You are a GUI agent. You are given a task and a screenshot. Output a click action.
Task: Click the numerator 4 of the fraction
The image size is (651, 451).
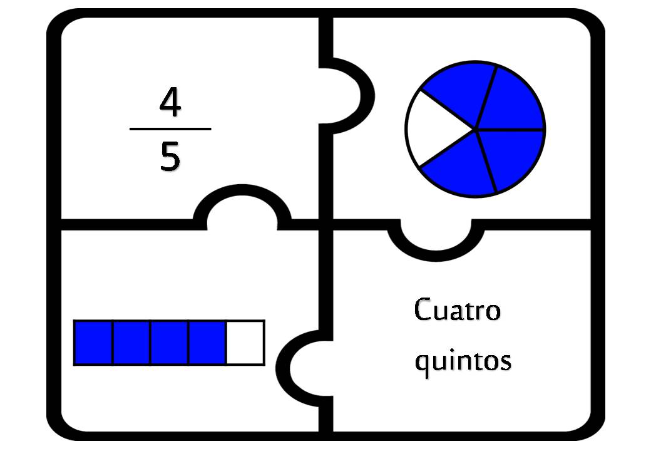(x=170, y=103)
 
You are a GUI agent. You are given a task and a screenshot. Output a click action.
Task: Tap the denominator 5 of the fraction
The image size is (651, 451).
(x=170, y=157)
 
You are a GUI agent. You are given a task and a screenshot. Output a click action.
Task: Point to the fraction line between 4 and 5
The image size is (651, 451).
(x=170, y=129)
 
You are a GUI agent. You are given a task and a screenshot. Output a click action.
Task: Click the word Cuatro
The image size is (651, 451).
(x=458, y=309)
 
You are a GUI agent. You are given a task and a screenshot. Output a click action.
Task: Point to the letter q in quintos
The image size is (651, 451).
(x=423, y=365)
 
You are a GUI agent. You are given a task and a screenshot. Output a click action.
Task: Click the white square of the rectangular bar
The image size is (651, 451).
(x=245, y=343)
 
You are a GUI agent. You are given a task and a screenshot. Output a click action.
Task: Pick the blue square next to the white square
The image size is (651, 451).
(x=208, y=343)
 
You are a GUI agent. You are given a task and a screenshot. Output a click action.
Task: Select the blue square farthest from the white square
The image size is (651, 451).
(x=93, y=343)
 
